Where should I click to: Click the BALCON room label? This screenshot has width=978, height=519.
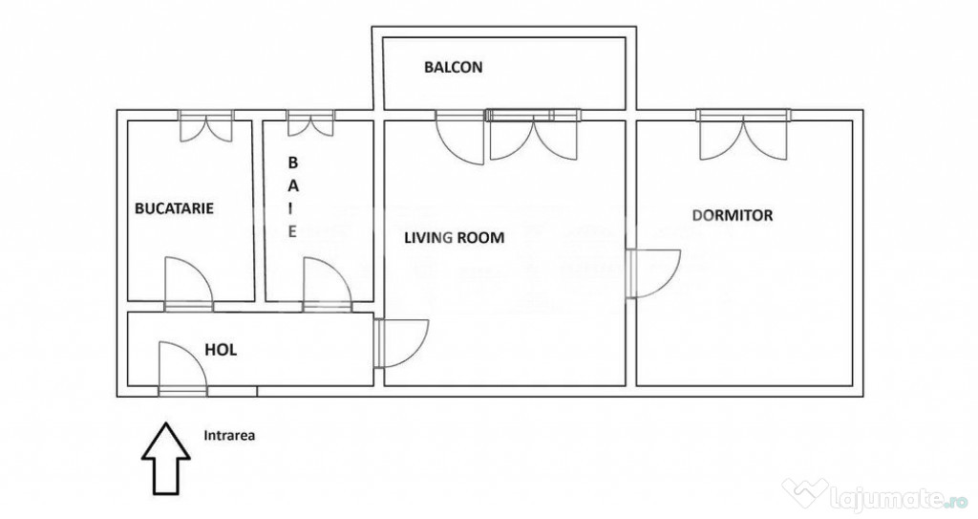coord(454,67)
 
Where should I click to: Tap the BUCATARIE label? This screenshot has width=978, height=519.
coord(174,208)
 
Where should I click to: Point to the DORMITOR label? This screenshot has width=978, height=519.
coord(733,215)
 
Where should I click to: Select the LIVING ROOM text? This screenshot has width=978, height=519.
coord(454,237)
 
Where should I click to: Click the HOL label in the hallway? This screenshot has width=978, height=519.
coord(221,350)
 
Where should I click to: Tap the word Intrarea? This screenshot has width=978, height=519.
coord(229,436)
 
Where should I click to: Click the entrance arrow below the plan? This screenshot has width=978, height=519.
coord(165,459)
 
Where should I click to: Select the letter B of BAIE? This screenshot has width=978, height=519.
coord(292,162)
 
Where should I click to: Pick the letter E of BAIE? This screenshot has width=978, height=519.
coord(292,231)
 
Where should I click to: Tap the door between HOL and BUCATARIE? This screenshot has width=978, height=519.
coord(188,284)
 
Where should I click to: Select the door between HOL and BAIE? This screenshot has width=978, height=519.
coord(328,284)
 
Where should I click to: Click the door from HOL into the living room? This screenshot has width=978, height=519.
coord(402,343)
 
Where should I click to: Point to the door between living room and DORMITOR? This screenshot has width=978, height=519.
coord(653,273)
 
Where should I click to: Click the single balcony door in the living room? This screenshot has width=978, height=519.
coord(459,137)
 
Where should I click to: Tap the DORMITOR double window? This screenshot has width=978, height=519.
coord(743,134)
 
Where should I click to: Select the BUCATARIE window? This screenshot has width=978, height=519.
coord(206,125)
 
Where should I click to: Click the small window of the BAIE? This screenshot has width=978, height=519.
coord(310,123)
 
